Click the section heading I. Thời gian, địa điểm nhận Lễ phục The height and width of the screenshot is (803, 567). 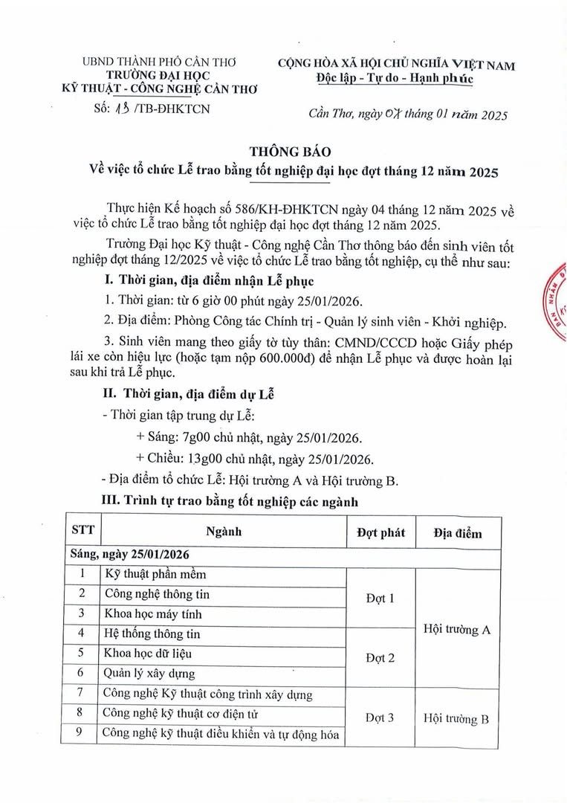pyautogui.click(x=209, y=282)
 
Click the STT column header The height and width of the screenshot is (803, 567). pyautogui.click(x=82, y=532)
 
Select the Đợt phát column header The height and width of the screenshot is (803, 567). pyautogui.click(x=380, y=532)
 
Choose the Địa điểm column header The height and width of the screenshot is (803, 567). pyautogui.click(x=458, y=533)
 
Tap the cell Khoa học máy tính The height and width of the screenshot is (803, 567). pyautogui.click(x=153, y=614)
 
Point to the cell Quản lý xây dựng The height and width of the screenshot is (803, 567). pyautogui.click(x=150, y=674)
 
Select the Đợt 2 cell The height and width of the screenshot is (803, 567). pyautogui.click(x=380, y=658)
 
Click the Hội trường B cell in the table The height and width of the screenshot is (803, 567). pyautogui.click(x=456, y=719)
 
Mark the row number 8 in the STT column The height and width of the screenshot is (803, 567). pyautogui.click(x=82, y=714)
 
